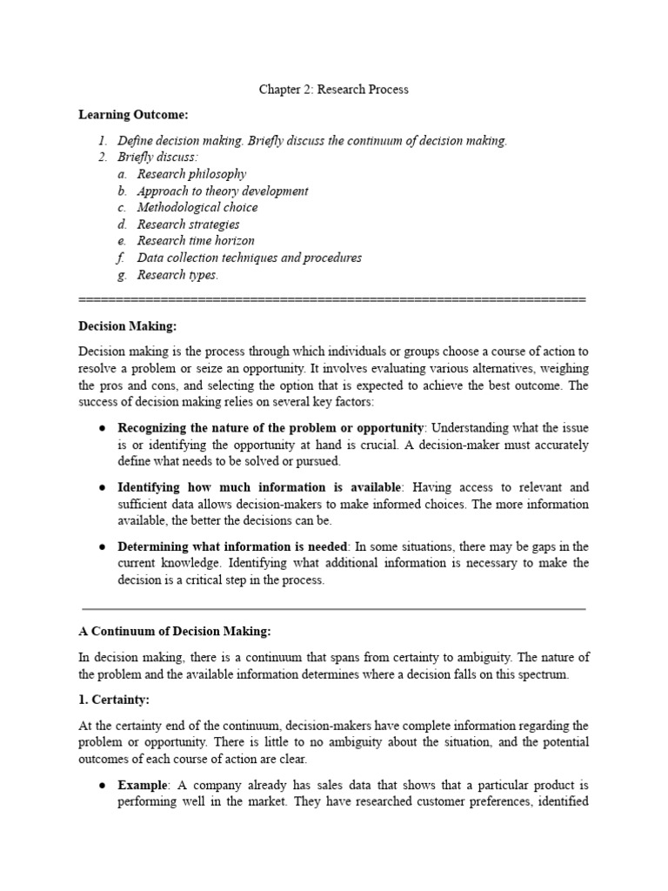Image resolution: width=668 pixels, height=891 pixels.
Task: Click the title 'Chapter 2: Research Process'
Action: click(x=334, y=90)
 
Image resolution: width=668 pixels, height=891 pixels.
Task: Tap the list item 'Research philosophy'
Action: click(x=191, y=174)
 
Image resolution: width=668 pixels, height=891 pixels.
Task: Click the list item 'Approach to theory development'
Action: click(x=223, y=191)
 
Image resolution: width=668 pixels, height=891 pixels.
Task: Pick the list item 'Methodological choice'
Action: click(x=197, y=207)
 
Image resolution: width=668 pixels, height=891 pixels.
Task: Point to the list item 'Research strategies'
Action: click(x=189, y=224)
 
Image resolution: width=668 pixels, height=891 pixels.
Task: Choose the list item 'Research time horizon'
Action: click(x=196, y=241)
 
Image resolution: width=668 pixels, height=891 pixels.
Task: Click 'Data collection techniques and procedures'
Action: click(x=250, y=258)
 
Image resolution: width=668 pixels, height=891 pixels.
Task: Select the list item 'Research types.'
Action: click(x=178, y=275)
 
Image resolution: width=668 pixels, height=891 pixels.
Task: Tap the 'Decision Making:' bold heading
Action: click(x=127, y=325)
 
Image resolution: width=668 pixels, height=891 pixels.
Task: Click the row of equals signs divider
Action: click(x=332, y=299)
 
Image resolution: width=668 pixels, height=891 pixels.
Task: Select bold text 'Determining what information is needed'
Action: click(x=233, y=546)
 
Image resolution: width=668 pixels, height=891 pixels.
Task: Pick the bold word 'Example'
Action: click(x=142, y=785)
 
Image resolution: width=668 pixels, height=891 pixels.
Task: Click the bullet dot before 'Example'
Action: click(x=102, y=785)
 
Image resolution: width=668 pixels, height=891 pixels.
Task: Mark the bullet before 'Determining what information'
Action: click(x=102, y=546)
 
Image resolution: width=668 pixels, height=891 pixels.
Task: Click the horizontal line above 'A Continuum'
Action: click(x=332, y=608)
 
